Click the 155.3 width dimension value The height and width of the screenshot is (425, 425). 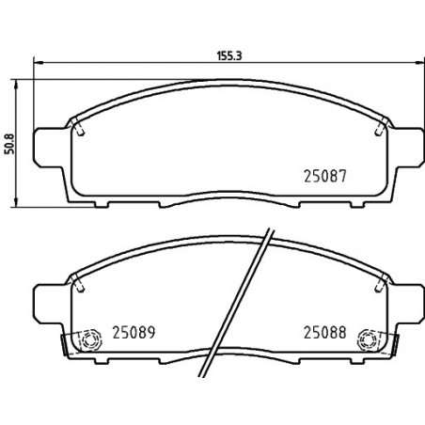pos(229,55)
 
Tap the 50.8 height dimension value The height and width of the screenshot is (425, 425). pos(10,144)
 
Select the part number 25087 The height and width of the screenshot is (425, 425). pos(325,176)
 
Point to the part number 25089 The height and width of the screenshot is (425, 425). pos(134,333)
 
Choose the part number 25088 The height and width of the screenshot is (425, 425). pos(324,333)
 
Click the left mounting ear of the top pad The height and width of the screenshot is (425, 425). pos(50,148)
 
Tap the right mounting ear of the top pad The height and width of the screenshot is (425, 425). pos(407,148)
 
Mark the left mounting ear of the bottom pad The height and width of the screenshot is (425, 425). pos(50,304)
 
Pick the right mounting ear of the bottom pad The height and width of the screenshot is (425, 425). pos(407,304)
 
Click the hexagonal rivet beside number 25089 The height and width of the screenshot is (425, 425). pos(90,339)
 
